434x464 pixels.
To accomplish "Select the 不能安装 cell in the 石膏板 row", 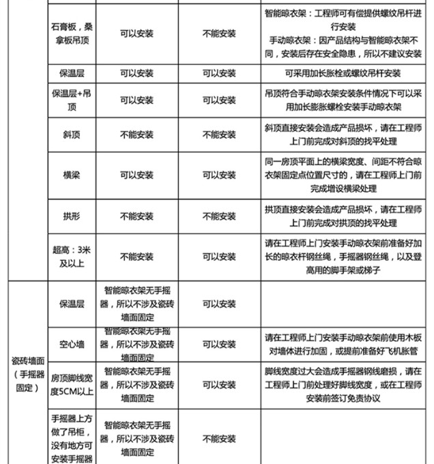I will click(219, 33).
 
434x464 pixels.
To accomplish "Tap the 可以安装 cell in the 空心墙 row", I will click(219, 343).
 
